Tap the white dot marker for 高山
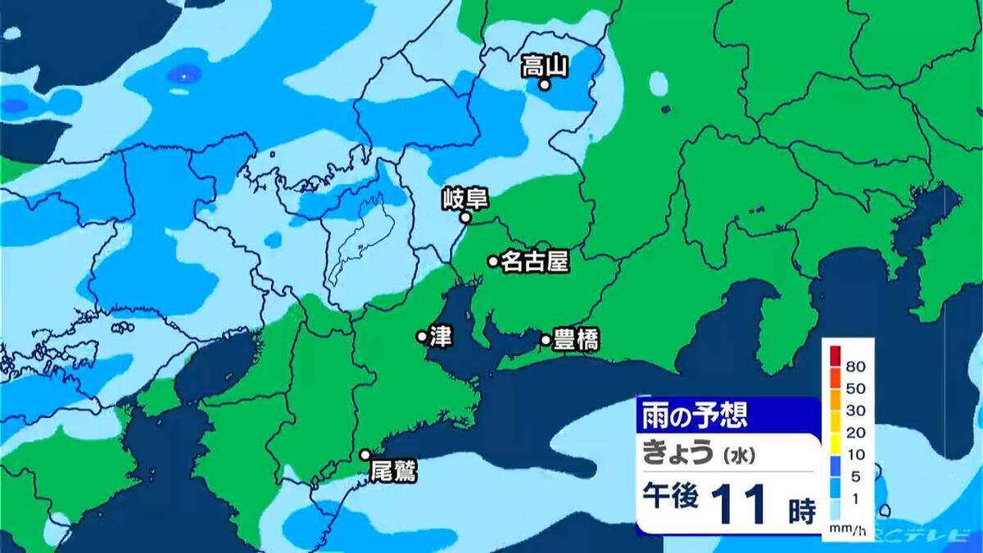pyautogui.click(x=543, y=84)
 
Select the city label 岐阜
pyautogui.click(x=464, y=198)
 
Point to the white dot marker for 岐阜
pyautogui.click(x=464, y=218)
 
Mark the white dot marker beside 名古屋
pyautogui.click(x=493, y=261)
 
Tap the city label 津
pyautogui.click(x=440, y=336)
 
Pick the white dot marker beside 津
pyautogui.click(x=421, y=336)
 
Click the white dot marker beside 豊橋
pyautogui.click(x=546, y=339)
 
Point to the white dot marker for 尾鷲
pyautogui.click(x=365, y=455)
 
